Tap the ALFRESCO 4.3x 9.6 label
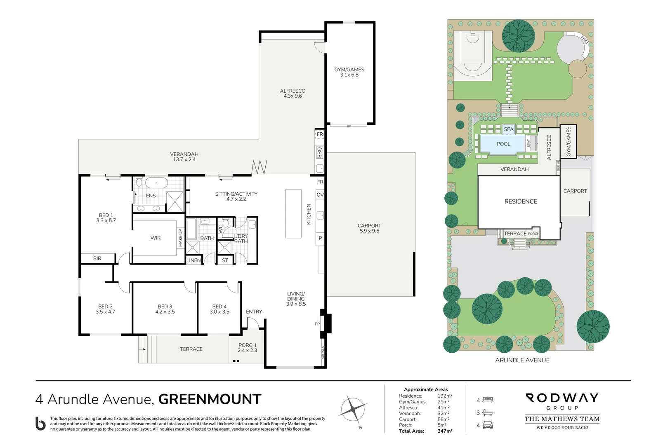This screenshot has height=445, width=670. (x=293, y=93)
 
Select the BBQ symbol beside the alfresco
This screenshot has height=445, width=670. (x=320, y=152)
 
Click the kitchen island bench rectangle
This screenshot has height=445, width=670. (x=293, y=213)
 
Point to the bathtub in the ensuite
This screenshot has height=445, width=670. (x=156, y=183)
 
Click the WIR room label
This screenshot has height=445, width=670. (x=156, y=238)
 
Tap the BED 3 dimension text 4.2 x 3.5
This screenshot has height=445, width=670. (x=165, y=312)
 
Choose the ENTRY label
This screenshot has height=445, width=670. (x=254, y=311)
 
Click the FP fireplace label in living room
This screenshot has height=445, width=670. (x=317, y=324)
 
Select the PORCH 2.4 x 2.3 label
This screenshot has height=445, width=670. (x=247, y=348)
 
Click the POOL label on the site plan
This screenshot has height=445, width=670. (x=503, y=144)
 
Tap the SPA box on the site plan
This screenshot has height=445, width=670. (x=509, y=129)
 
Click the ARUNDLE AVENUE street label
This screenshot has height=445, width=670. (x=522, y=360)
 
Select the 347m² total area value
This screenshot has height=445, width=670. (x=445, y=431)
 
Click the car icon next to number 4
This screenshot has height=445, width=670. (x=488, y=425)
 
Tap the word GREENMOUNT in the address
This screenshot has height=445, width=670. (x=210, y=399)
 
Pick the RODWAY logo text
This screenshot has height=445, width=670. (x=562, y=398)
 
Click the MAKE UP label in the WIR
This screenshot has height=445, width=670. (x=180, y=238)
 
